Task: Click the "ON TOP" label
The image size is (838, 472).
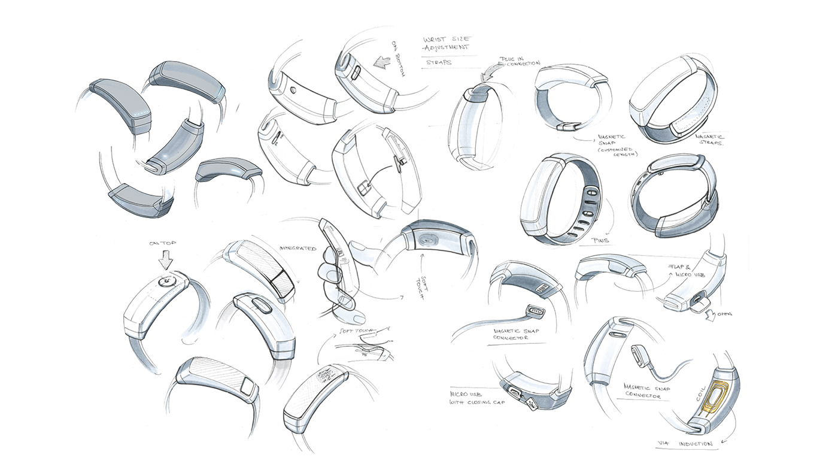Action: (165, 243)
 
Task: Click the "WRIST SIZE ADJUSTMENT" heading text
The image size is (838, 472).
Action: (446, 43)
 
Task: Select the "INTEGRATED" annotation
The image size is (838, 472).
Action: (297, 248)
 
